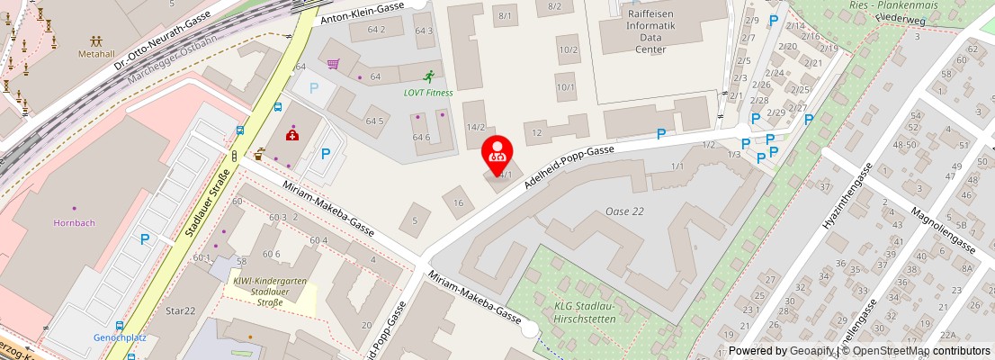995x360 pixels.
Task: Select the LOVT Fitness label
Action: click(x=428, y=92)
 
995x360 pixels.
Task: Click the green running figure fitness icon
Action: click(x=429, y=76)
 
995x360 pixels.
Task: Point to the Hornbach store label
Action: click(x=74, y=222)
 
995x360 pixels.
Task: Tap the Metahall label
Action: click(x=96, y=53)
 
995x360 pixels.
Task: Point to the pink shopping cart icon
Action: click(x=334, y=64)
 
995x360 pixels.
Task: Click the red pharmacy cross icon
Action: click(x=292, y=135)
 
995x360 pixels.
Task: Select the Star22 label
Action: click(x=180, y=310)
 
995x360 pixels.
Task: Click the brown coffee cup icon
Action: click(x=260, y=152)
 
